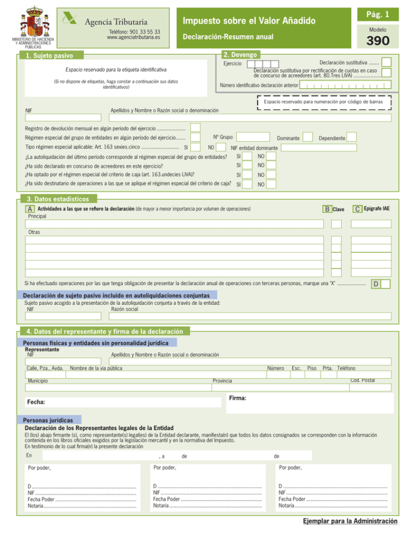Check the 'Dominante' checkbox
pos(308,137)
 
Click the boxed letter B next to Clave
pos(327,194)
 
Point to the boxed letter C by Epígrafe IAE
pos(358,193)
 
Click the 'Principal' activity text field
pos(175,224)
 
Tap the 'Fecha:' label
pos(36,403)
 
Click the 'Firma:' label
pos(238,398)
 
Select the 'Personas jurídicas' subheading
pos(50,420)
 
